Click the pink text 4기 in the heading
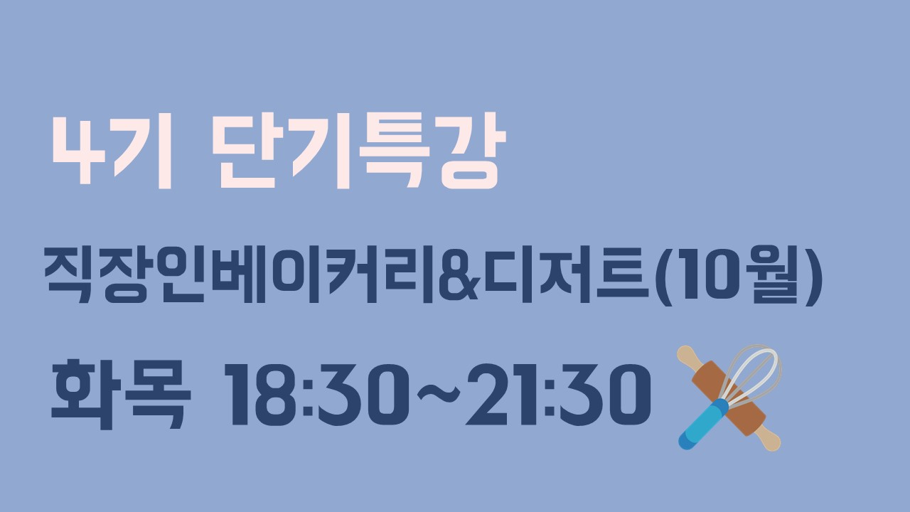point(112,151)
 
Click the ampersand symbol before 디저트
point(458,276)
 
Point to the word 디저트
point(566,274)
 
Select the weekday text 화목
point(121,394)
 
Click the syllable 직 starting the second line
point(67,274)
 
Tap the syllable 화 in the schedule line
point(86,394)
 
